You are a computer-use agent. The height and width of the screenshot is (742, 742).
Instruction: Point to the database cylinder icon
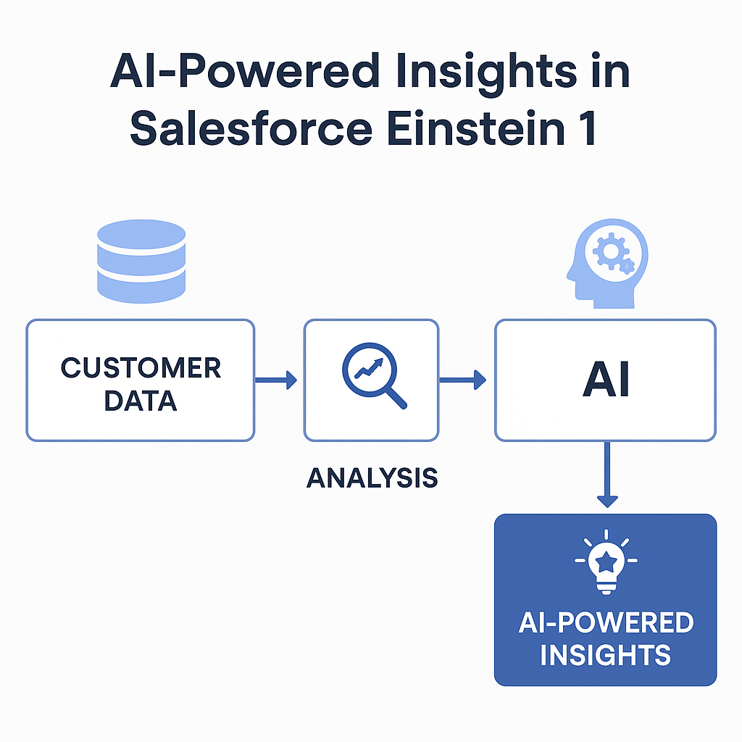click(141, 260)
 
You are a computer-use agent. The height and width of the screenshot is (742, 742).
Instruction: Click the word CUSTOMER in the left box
click(141, 367)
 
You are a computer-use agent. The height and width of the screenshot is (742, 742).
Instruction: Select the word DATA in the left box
click(141, 400)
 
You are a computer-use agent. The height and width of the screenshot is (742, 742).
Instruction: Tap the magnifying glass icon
click(370, 373)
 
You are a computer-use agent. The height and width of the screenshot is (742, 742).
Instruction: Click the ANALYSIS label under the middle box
click(372, 478)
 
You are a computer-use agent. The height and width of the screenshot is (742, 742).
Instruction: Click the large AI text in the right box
click(606, 381)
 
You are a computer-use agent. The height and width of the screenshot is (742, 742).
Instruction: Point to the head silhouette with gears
click(605, 260)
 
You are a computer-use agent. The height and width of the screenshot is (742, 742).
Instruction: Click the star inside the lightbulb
click(606, 559)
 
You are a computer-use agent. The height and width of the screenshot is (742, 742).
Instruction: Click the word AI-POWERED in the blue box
click(606, 622)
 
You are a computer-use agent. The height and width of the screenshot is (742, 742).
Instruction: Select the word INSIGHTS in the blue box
click(606, 655)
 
